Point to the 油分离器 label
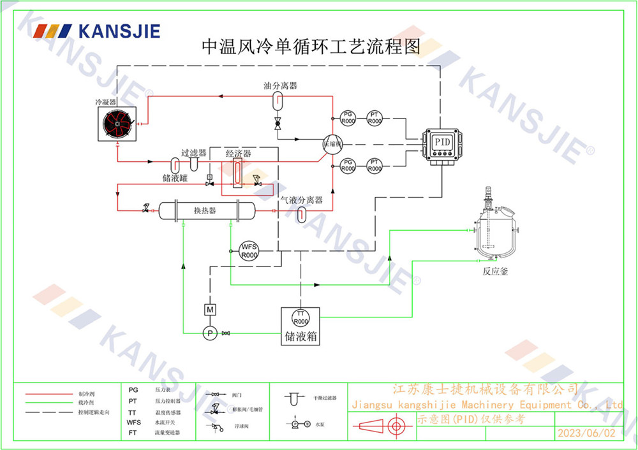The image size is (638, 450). (281, 85)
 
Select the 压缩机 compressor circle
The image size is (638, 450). (332, 143)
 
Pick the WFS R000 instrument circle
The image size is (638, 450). (248, 250)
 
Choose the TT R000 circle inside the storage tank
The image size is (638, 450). (300, 317)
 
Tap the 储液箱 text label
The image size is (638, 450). (300, 336)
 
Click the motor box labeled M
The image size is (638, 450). (209, 310)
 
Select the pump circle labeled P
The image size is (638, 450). (209, 332)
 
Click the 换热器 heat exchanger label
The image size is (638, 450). (205, 210)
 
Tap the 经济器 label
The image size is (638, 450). (239, 154)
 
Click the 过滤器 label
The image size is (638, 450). (194, 153)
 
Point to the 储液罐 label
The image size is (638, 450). (174, 178)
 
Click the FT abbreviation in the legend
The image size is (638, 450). (133, 432)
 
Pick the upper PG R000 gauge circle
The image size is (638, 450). (348, 117)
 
